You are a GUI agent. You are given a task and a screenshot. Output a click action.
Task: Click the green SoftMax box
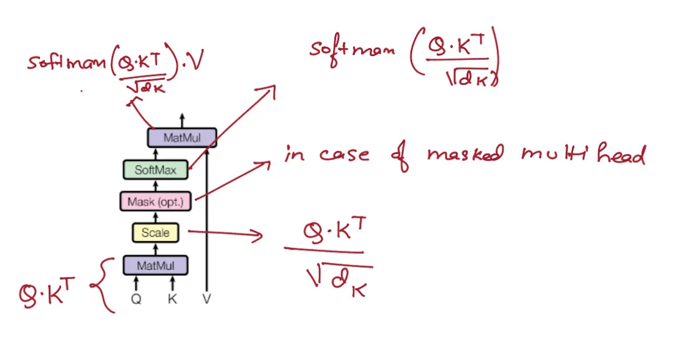(155, 170)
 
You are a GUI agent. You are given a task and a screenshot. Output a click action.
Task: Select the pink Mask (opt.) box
(155, 202)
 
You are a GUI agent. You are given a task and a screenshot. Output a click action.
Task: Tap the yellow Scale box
(155, 233)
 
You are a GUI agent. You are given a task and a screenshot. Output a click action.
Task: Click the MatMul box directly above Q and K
(155, 266)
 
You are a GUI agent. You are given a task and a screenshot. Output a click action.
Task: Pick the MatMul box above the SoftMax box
(181, 138)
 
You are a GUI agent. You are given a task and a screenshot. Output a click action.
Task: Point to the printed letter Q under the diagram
(136, 299)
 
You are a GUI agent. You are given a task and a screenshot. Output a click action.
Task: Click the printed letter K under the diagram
(172, 299)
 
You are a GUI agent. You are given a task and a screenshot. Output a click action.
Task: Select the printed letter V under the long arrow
(206, 299)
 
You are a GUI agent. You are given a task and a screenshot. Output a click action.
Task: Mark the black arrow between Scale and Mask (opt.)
(155, 217)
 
